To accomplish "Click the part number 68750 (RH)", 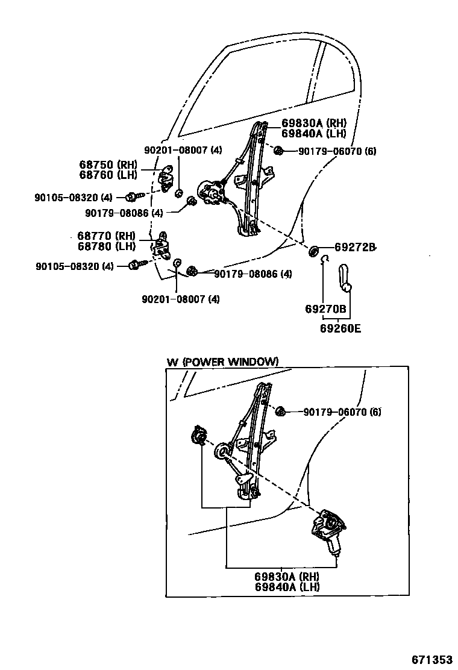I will (108, 164).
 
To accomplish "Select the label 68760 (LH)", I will (108, 175).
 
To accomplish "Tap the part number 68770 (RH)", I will (106, 236).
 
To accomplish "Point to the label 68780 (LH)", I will (106, 246).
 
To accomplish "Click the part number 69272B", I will (355, 247).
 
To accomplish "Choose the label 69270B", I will (325, 309).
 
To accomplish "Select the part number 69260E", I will (341, 328).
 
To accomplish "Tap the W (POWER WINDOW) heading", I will (222, 362).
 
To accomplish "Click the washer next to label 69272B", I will (313, 249).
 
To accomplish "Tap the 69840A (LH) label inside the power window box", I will (287, 587).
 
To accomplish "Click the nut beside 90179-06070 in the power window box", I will (280, 412).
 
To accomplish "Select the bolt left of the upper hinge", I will (133, 196).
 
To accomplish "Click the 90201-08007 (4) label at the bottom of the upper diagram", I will (181, 299).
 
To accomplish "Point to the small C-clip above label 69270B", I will (324, 259).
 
